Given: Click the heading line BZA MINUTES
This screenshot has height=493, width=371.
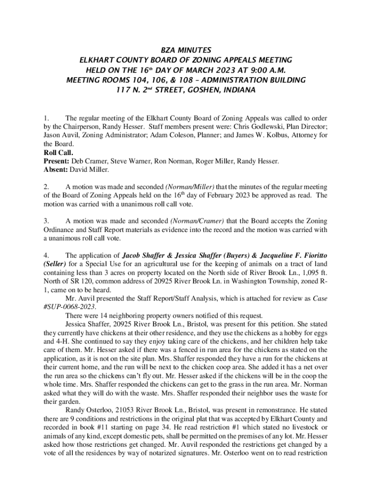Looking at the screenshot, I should (x=185, y=50).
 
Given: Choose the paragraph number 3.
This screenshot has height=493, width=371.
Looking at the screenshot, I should (x=46, y=221).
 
